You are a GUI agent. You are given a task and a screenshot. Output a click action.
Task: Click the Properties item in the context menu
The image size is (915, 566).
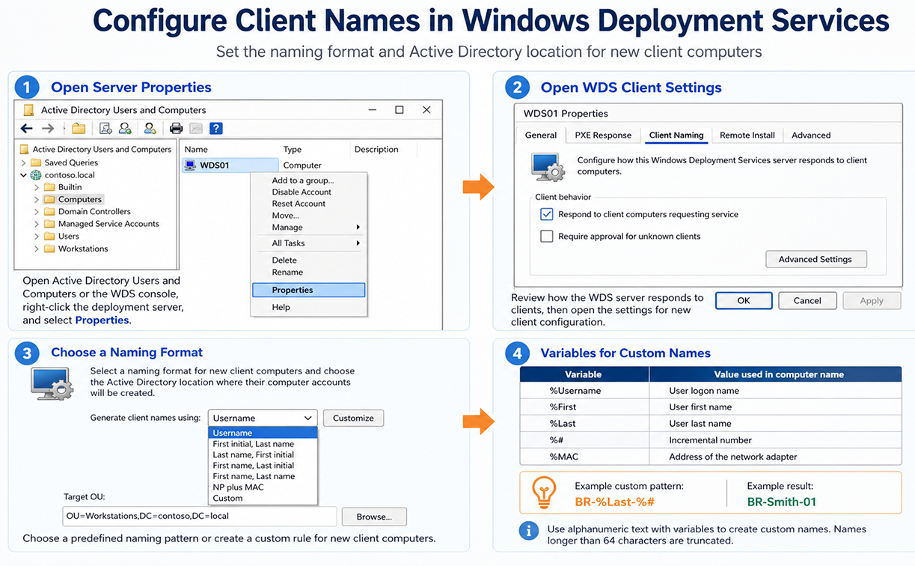[x=307, y=290]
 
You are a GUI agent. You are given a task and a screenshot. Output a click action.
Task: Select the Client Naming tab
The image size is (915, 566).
[x=676, y=136]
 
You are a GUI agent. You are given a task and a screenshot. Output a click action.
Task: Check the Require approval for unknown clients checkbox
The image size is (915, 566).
[x=546, y=237]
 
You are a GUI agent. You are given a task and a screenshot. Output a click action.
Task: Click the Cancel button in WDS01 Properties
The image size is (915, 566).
[x=807, y=300]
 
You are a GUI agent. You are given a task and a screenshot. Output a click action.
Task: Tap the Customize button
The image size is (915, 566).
[x=353, y=418]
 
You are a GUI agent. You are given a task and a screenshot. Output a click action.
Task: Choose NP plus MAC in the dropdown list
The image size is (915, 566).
[x=238, y=487]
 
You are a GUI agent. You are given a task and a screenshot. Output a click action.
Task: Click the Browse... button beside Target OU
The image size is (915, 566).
[x=373, y=517]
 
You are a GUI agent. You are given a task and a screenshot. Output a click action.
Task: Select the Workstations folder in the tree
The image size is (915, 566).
[x=82, y=249]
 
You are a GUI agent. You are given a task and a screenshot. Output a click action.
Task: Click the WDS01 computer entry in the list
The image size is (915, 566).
[x=213, y=165]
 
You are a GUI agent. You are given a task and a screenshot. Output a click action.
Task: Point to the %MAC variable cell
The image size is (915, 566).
[x=564, y=457]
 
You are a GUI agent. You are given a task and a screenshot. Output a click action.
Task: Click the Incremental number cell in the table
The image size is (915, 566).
[x=710, y=440]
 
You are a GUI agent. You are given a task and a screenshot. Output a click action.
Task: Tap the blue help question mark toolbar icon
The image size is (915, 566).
[x=215, y=128]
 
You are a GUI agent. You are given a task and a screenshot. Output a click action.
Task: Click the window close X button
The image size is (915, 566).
[x=426, y=110]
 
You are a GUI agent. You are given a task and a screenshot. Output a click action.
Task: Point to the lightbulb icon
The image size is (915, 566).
[x=543, y=493]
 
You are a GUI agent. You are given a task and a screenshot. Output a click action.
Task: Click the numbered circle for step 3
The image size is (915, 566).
[x=27, y=353]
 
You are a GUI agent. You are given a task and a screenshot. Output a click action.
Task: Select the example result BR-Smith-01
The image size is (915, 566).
[x=781, y=502]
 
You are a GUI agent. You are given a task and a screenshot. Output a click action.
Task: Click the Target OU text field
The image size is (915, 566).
[x=199, y=517]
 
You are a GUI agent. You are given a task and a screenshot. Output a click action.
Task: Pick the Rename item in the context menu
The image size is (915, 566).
[x=287, y=273]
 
